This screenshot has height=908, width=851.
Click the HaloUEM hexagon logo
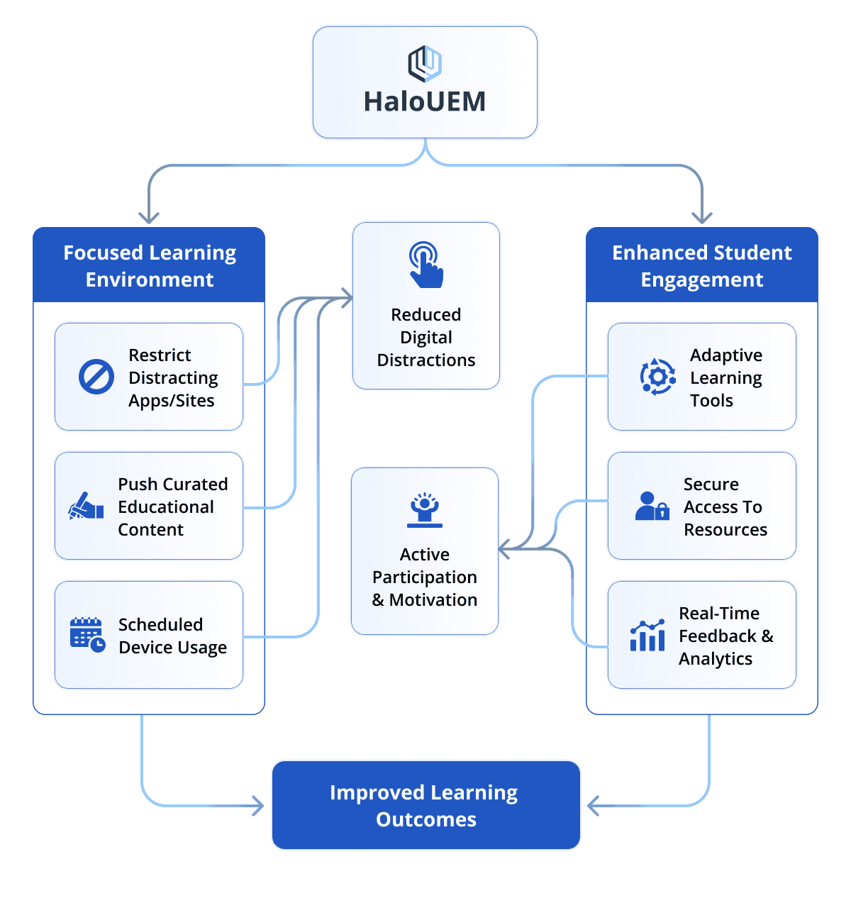424,64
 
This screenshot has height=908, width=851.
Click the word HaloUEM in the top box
424,101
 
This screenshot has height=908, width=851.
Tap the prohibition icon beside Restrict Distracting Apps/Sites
96,377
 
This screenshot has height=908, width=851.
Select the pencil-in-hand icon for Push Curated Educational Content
86,506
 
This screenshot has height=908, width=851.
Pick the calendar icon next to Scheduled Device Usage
87,635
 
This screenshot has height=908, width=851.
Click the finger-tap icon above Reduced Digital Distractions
425,265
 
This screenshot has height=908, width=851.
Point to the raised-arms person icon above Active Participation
424,510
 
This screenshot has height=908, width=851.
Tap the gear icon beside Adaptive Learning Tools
657,377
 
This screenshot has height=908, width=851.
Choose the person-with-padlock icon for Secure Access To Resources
652,506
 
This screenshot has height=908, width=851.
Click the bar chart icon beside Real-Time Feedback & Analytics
647,635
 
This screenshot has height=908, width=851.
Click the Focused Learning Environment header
149,265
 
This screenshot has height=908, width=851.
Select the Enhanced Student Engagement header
702,265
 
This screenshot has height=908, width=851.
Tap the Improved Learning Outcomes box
426,805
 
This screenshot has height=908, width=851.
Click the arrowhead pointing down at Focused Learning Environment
149,218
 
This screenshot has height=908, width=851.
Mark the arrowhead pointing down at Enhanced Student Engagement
702,218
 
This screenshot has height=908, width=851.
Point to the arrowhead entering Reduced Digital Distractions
347,298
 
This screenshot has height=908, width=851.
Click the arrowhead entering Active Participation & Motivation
504,548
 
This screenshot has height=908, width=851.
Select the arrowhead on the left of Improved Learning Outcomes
258,806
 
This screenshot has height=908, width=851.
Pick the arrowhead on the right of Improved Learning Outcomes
593,806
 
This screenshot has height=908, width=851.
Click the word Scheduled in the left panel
160,624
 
